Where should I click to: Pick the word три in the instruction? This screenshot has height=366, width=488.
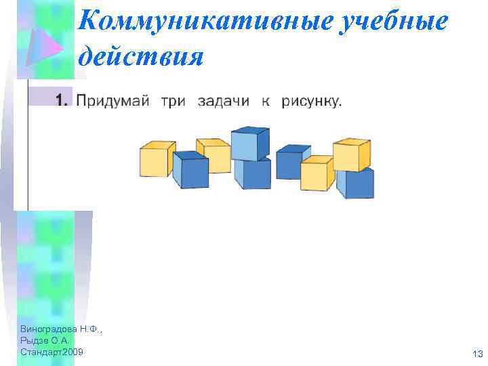[174, 102]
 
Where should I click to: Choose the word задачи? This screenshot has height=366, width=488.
[224, 102]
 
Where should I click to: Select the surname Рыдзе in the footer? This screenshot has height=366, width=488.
[34, 340]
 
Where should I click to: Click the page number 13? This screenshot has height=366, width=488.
[476, 354]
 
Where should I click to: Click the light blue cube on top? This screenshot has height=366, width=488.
[249, 143]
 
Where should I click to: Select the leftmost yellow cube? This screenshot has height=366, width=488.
[156, 159]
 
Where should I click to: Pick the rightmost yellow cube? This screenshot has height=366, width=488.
[351, 155]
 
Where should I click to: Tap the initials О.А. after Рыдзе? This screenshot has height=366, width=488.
[59, 340]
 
